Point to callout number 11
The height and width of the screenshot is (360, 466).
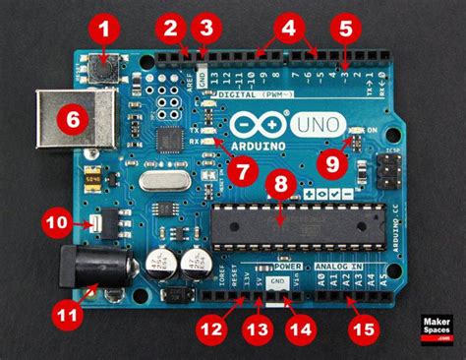point(67,316)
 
